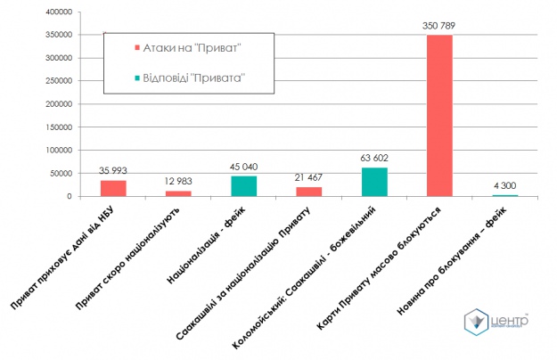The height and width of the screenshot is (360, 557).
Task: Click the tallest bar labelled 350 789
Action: pyautogui.click(x=439, y=116)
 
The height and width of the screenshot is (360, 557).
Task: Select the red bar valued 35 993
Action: pyautogui.click(x=113, y=188)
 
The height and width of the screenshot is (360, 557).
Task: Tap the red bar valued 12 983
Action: pyautogui.click(x=178, y=193)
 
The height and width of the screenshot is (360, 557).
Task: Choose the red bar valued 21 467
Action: pyautogui.click(x=308, y=192)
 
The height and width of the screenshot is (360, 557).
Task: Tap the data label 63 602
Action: pyautogui.click(x=374, y=158)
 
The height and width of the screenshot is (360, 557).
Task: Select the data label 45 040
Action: pyautogui.click(x=243, y=166)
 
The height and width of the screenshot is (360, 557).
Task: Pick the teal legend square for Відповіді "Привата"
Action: pyautogui.click(x=135, y=79)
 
